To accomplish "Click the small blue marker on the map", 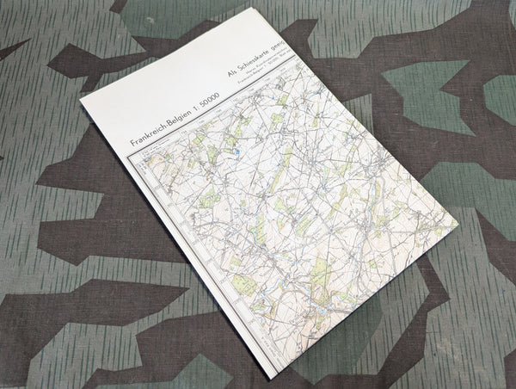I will (x=235, y=152).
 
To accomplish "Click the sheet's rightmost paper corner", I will (x=459, y=232).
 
